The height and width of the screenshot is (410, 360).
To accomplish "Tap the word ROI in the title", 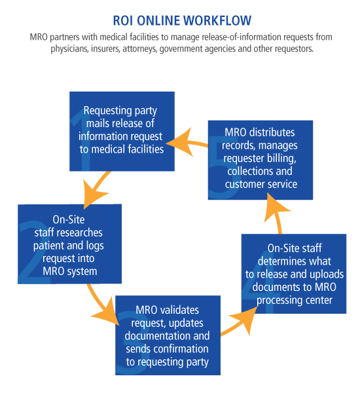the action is pyautogui.click(x=123, y=21).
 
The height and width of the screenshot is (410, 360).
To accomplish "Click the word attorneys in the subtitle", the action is pyautogui.click(x=140, y=49).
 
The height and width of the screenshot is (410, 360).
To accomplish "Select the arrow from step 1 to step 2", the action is pyautogui.click(x=96, y=188).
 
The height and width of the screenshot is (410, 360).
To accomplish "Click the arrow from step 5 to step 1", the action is pyautogui.click(x=187, y=143).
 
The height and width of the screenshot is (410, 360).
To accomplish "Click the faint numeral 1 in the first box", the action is pyautogui.click(x=83, y=140).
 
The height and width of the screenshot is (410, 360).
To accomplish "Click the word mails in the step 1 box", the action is pyautogui.click(x=98, y=123).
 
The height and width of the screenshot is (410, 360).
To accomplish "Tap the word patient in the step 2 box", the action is pyautogui.click(x=48, y=246).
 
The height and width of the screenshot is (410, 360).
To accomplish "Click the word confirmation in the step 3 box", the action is pyautogui.click(x=180, y=349).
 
